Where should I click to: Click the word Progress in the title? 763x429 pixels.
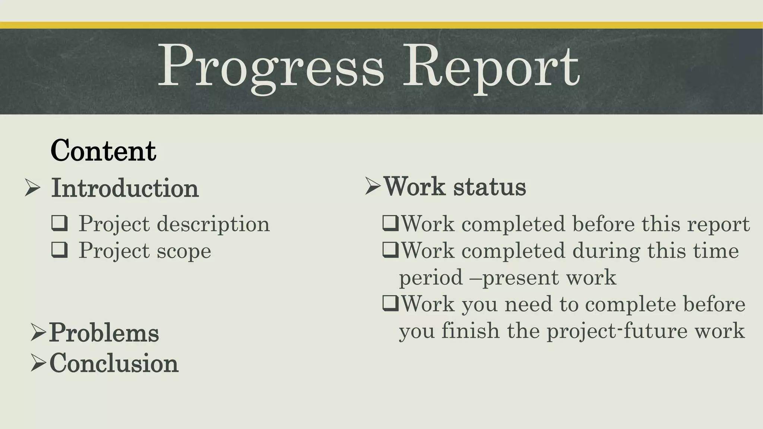pos(271,67)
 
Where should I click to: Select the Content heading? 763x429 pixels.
pos(103,151)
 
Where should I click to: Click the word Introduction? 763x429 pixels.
pos(125,188)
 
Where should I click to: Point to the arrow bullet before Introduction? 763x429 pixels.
pos(32,187)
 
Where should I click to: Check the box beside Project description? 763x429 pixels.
pos(60,223)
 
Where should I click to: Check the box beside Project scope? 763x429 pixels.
pos(60,250)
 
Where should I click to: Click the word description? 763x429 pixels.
pos(213,224)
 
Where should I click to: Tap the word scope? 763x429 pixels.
pos(184,251)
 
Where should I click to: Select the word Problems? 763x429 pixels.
pos(104,332)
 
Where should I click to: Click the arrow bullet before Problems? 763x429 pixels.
pos(38,332)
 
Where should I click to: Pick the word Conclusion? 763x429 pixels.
pos(114,363)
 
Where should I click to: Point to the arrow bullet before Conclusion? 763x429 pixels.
pos(38,363)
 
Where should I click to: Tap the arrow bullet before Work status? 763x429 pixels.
pos(373,186)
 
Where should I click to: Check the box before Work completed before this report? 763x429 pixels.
pos(390,224)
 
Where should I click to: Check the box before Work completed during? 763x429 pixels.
pos(390,250)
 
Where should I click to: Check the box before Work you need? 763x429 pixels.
pos(390,304)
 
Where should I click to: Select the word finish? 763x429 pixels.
pos(470,331)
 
